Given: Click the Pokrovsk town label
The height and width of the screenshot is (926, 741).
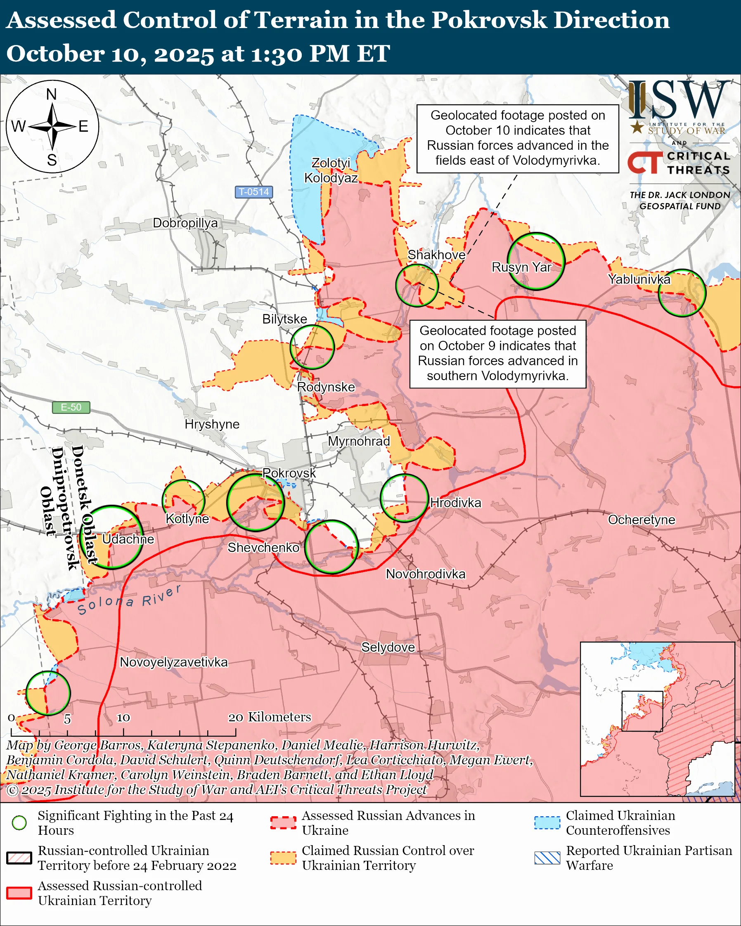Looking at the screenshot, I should [x=289, y=473].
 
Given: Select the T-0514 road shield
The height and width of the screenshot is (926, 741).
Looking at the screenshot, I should [x=253, y=191].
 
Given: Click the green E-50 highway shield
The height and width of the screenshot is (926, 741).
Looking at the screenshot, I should [x=71, y=407].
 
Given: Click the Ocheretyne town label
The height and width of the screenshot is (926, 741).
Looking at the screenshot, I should [x=642, y=520].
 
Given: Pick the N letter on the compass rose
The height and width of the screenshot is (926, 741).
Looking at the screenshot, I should [x=52, y=94].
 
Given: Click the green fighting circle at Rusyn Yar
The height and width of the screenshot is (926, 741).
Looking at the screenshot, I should [x=536, y=261].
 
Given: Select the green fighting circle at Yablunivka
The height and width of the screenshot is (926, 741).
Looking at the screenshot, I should [x=682, y=293].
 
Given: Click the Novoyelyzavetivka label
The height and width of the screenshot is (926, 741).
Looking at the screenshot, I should [x=173, y=662].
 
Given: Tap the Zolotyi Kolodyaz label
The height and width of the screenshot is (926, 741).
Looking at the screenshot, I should [x=331, y=170].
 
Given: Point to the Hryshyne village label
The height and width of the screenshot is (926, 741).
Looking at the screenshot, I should [x=212, y=424].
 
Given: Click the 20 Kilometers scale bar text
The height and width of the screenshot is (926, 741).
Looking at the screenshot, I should [x=269, y=717].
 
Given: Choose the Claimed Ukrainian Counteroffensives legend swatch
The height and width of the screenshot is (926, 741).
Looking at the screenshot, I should [x=547, y=822].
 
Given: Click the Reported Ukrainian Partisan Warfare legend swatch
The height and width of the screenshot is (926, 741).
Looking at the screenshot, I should [x=547, y=858].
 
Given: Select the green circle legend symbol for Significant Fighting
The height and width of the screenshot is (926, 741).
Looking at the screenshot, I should [x=19, y=822].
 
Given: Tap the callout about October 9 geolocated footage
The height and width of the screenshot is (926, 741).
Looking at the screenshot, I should [x=497, y=354].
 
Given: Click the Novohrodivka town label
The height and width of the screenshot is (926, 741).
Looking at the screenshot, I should [x=425, y=574].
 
